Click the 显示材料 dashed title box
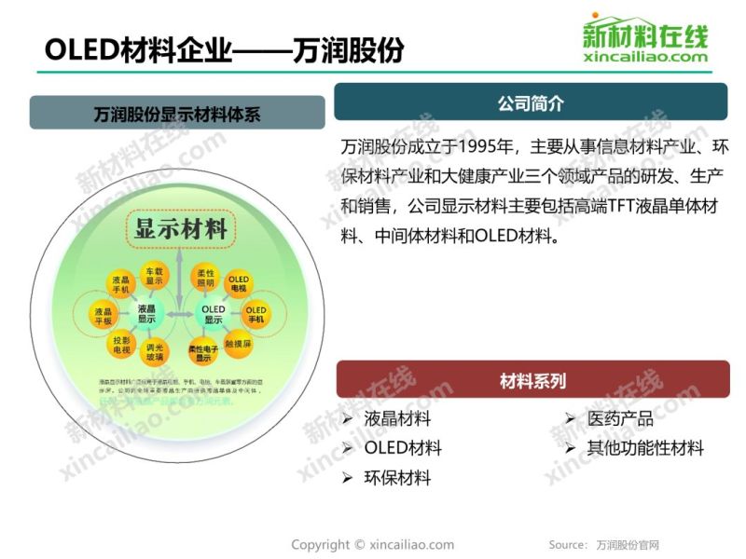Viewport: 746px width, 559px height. tap(181, 228)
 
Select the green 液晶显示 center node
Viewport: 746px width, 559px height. tap(146, 313)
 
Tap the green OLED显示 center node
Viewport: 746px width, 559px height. tap(214, 313)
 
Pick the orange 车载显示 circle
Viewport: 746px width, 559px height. tap(154, 276)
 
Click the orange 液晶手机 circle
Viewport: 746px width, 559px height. tap(120, 283)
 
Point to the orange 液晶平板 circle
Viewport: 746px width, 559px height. tap(104, 315)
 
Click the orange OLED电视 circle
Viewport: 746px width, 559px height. tap(239, 283)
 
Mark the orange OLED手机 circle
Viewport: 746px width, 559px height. tap(256, 314)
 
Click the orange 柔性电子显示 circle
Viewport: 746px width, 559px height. tap(204, 352)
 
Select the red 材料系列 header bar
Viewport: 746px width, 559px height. tap(532, 380)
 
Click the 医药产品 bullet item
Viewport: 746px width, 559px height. tap(619, 419)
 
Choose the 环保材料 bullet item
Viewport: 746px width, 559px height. tap(397, 478)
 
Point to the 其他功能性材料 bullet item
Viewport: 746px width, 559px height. tap(644, 448)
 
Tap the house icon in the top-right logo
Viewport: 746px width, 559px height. tap(642, 23)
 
